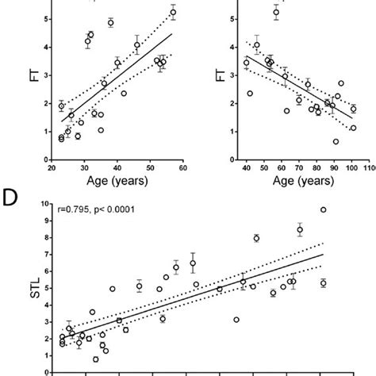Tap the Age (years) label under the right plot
pyautogui.click(x=299, y=182)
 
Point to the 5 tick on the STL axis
pyautogui.click(x=55, y=287)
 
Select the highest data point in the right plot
pyautogui.click(x=276, y=12)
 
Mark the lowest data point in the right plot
pyautogui.click(x=336, y=141)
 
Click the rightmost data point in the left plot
pyautogui.click(x=173, y=12)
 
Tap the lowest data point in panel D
pyautogui.click(x=95, y=359)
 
